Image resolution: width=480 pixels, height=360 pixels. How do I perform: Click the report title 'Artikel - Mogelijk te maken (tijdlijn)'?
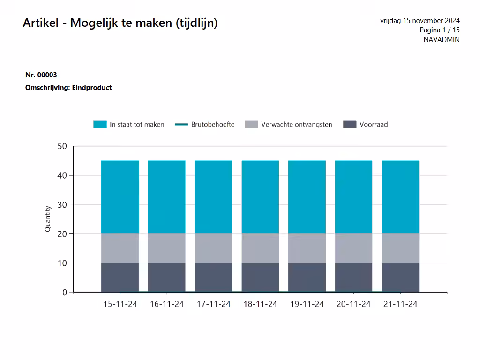[120, 23]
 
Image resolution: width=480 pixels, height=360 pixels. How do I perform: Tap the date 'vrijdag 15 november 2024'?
[420, 21]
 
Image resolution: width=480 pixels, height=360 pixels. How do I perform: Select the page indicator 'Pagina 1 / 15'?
[439, 30]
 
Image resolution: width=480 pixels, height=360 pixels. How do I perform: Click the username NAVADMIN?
[441, 40]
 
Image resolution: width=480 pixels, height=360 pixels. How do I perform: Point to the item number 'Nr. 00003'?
[41, 75]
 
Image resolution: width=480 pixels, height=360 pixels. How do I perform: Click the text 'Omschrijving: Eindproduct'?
[68, 88]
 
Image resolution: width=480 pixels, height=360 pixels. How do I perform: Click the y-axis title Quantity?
[47, 219]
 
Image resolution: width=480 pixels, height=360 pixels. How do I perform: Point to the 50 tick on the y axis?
[62, 146]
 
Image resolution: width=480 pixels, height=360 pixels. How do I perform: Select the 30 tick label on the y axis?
[62, 205]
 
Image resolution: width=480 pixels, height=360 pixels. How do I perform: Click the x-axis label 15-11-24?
[120, 304]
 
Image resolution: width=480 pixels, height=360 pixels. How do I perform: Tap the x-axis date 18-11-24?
[260, 304]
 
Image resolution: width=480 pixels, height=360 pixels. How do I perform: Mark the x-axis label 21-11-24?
[400, 304]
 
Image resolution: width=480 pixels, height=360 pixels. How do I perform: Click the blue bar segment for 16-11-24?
[167, 197]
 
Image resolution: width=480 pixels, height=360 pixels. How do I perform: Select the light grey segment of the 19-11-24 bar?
[307, 248]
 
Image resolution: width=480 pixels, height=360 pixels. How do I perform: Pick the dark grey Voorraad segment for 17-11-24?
[214, 277]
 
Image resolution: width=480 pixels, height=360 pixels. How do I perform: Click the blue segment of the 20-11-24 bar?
[353, 197]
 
